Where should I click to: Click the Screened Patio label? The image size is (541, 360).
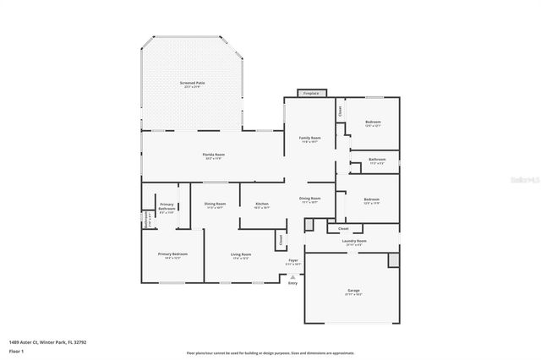pyautogui.click(x=192, y=83)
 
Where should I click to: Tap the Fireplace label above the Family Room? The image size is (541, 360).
pyautogui.click(x=311, y=93)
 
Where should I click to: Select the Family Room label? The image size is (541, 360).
pyautogui.click(x=309, y=138)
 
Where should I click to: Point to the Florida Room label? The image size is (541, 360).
pyautogui.click(x=213, y=155)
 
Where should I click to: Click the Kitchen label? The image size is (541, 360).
pyautogui.click(x=262, y=204)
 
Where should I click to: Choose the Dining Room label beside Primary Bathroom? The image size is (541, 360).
pyautogui.click(x=215, y=204)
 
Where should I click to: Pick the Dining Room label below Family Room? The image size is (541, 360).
pyautogui.click(x=309, y=199)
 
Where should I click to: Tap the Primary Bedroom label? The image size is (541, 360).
pyautogui.click(x=172, y=254)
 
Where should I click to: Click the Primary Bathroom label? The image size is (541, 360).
pyautogui.click(x=167, y=205)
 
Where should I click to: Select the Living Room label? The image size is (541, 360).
pyautogui.click(x=241, y=254)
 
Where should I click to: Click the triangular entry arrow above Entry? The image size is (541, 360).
pyautogui.click(x=293, y=275)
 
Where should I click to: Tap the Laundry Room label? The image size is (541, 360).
pyautogui.click(x=354, y=241)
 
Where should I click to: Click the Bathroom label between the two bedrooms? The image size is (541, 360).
pyautogui.click(x=377, y=160)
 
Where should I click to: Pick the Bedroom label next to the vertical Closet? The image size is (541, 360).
pyautogui.click(x=373, y=123)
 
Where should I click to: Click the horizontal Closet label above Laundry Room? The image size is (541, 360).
pyautogui.click(x=343, y=228)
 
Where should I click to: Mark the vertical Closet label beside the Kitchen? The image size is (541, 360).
pyautogui.click(x=281, y=240)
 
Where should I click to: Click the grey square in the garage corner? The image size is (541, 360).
pyautogui.click(x=393, y=259)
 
